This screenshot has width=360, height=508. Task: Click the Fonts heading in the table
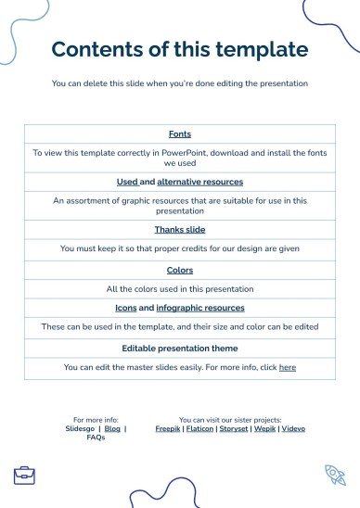[x=180, y=134]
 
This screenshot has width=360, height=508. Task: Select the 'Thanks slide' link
[x=180, y=229]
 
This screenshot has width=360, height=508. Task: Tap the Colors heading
[x=180, y=270]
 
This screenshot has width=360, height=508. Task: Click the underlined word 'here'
[x=288, y=367]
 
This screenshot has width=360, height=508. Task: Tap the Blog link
[x=112, y=429]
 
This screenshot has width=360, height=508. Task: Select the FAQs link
[x=96, y=438]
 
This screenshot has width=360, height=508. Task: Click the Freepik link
[x=168, y=429]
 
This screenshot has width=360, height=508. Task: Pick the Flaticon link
[x=199, y=429]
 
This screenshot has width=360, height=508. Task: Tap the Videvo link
[x=292, y=429]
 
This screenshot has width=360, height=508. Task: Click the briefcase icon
[x=24, y=476]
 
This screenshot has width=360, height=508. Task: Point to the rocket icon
[x=334, y=476]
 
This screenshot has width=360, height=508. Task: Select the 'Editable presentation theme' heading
[x=180, y=349]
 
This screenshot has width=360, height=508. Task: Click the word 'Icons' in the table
[x=125, y=307]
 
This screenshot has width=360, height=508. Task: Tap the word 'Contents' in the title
[x=96, y=49]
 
